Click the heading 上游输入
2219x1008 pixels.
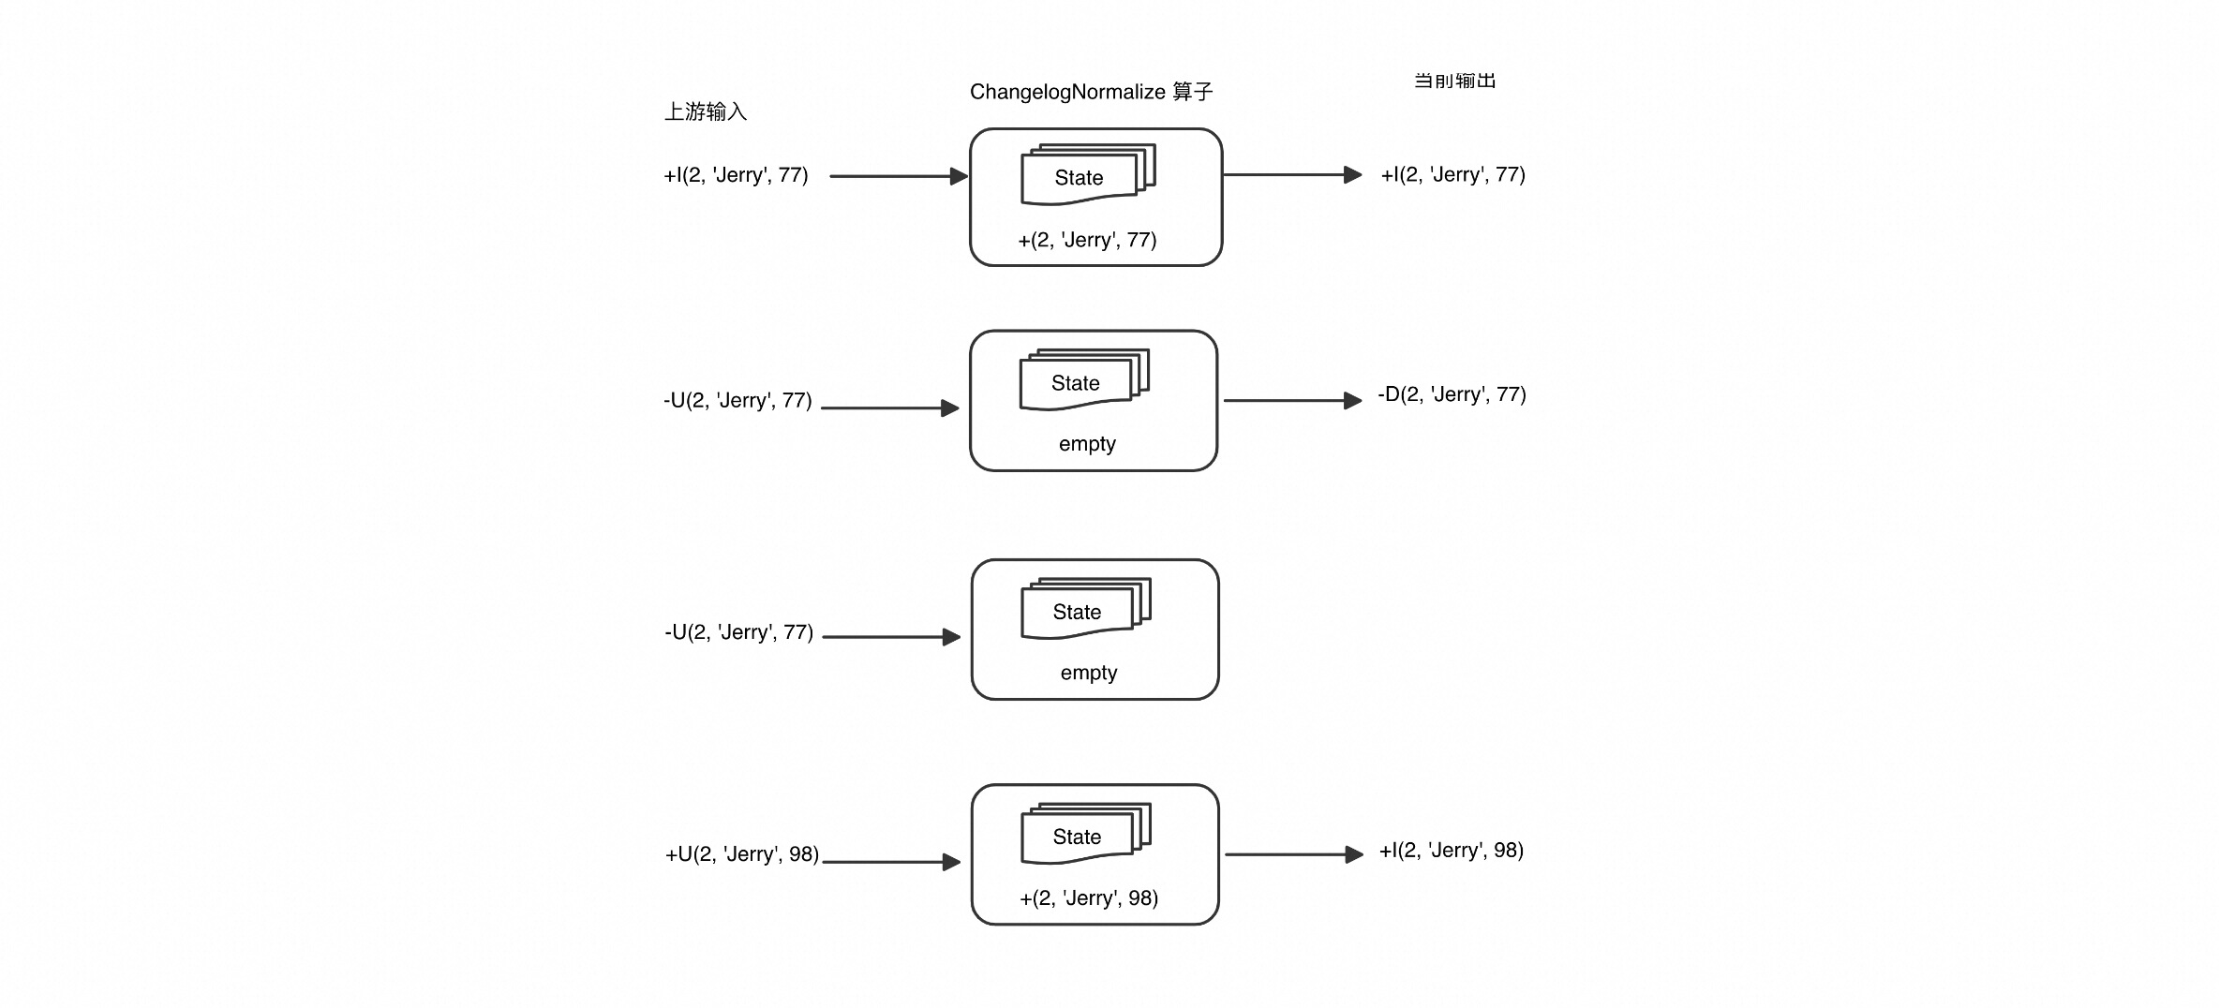click(x=706, y=111)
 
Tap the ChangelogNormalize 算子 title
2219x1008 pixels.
click(x=1092, y=92)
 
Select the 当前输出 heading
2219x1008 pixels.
click(x=1455, y=81)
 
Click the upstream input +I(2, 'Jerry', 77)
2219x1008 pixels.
click(x=736, y=175)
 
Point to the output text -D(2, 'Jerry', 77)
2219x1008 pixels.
click(x=1452, y=394)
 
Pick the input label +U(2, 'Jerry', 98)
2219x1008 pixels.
click(x=742, y=854)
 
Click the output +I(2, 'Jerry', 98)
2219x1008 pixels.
click(x=1452, y=851)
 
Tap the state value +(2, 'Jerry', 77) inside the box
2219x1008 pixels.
click(x=1088, y=240)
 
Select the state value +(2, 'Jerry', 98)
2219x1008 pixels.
click(x=1089, y=898)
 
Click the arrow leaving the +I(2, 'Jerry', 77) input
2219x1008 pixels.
click(x=899, y=176)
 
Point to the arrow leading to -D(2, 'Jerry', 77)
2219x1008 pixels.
click(x=1293, y=401)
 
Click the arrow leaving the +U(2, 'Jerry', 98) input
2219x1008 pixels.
click(x=891, y=862)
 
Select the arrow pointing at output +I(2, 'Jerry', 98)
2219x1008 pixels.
click(x=1294, y=854)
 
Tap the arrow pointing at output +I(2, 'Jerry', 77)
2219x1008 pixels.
click(x=1293, y=175)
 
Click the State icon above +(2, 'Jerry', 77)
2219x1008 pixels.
click(x=1088, y=174)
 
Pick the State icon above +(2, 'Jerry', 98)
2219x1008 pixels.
click(x=1086, y=834)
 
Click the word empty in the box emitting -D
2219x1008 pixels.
click(x=1087, y=444)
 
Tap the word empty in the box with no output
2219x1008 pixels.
click(x=1089, y=674)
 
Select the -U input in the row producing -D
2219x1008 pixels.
click(x=737, y=401)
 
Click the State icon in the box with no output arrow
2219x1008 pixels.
click(x=1086, y=609)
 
